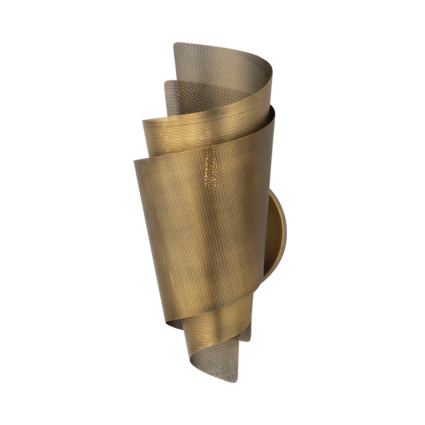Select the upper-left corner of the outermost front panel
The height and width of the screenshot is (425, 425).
point(134,160)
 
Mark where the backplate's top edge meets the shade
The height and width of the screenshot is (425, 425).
point(270,190)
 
